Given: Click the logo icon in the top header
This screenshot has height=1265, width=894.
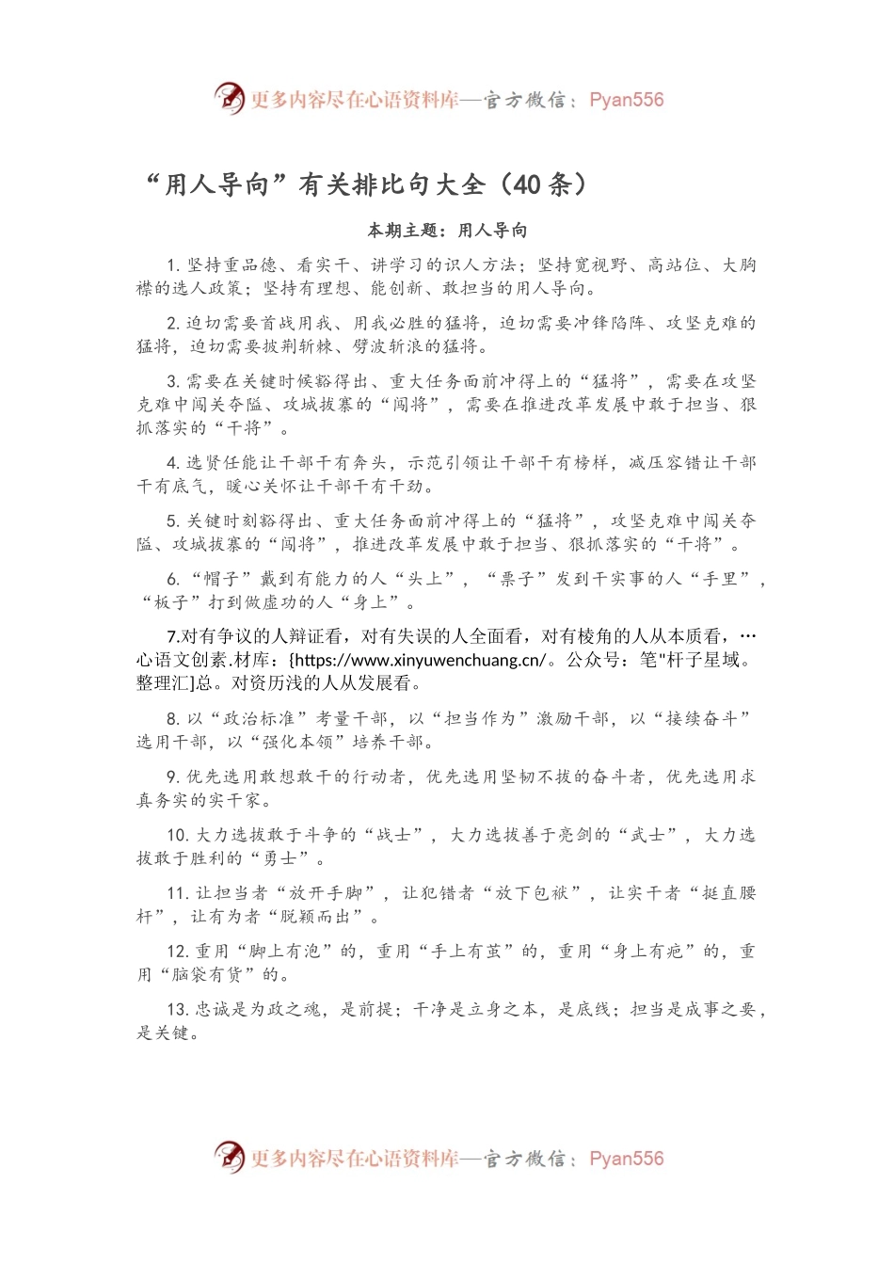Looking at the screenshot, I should (229, 98).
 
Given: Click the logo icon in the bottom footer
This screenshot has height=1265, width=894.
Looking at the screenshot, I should (229, 1157).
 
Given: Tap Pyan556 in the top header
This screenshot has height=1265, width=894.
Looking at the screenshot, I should (626, 100).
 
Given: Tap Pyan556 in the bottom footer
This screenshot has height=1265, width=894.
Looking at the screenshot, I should (626, 1159).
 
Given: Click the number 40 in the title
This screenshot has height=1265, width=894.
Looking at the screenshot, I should (527, 184).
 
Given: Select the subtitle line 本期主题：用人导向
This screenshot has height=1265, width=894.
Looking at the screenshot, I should (447, 231).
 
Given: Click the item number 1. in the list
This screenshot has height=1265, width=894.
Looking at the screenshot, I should (173, 265).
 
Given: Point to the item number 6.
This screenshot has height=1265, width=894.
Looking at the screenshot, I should (173, 580).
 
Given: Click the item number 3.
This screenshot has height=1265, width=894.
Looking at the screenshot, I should (173, 382).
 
